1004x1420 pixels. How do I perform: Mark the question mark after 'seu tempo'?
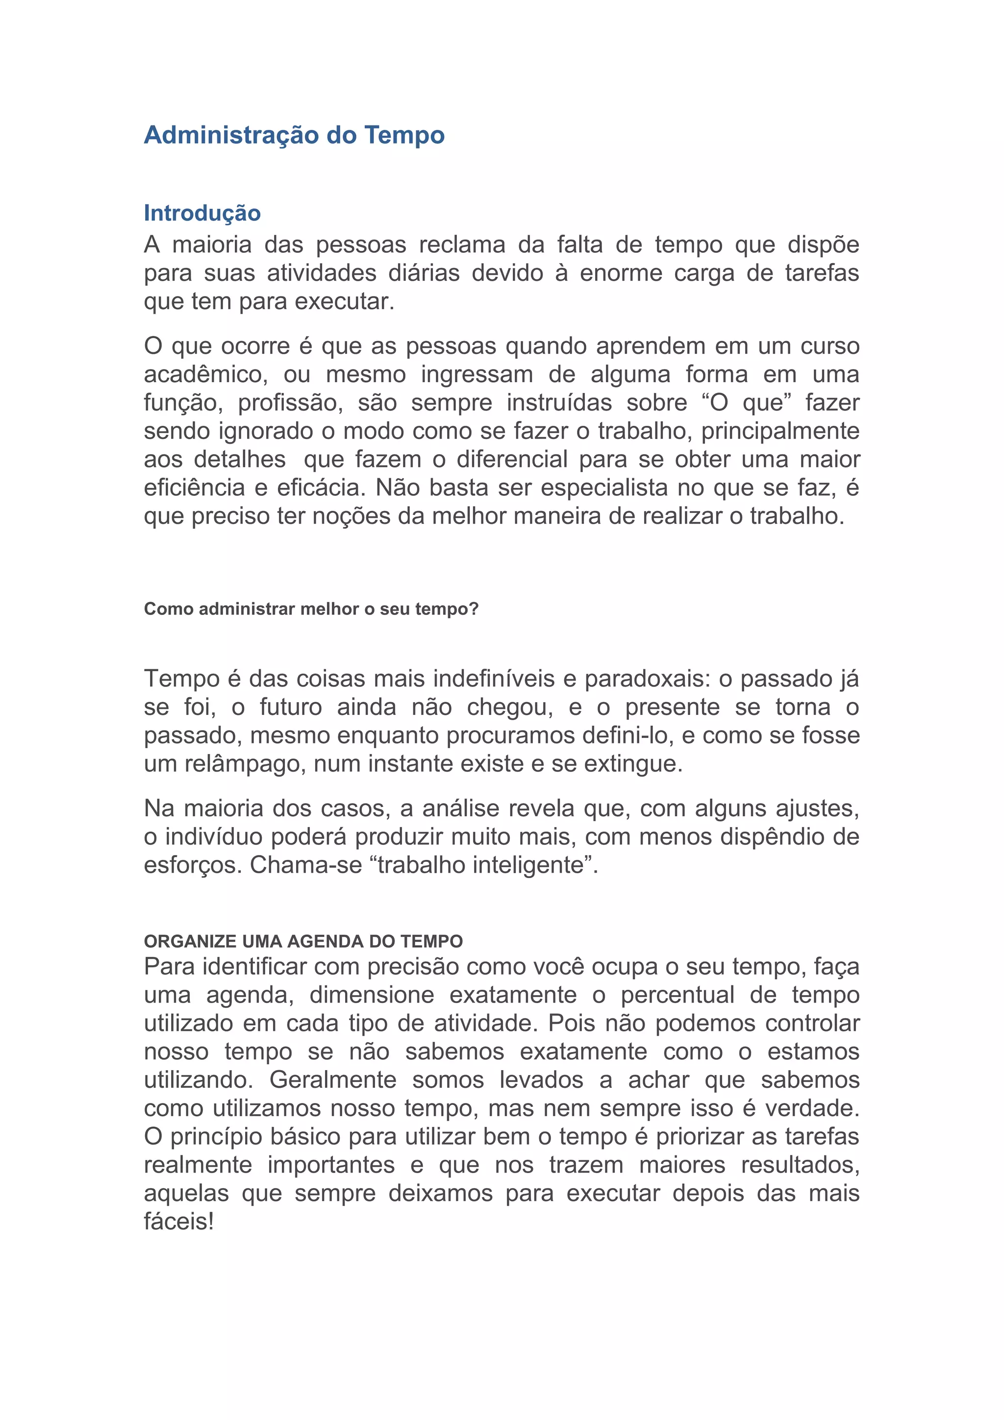point(474,609)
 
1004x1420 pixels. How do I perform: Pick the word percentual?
point(678,995)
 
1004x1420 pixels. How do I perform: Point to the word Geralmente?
point(333,1080)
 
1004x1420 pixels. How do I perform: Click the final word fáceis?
point(179,1222)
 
